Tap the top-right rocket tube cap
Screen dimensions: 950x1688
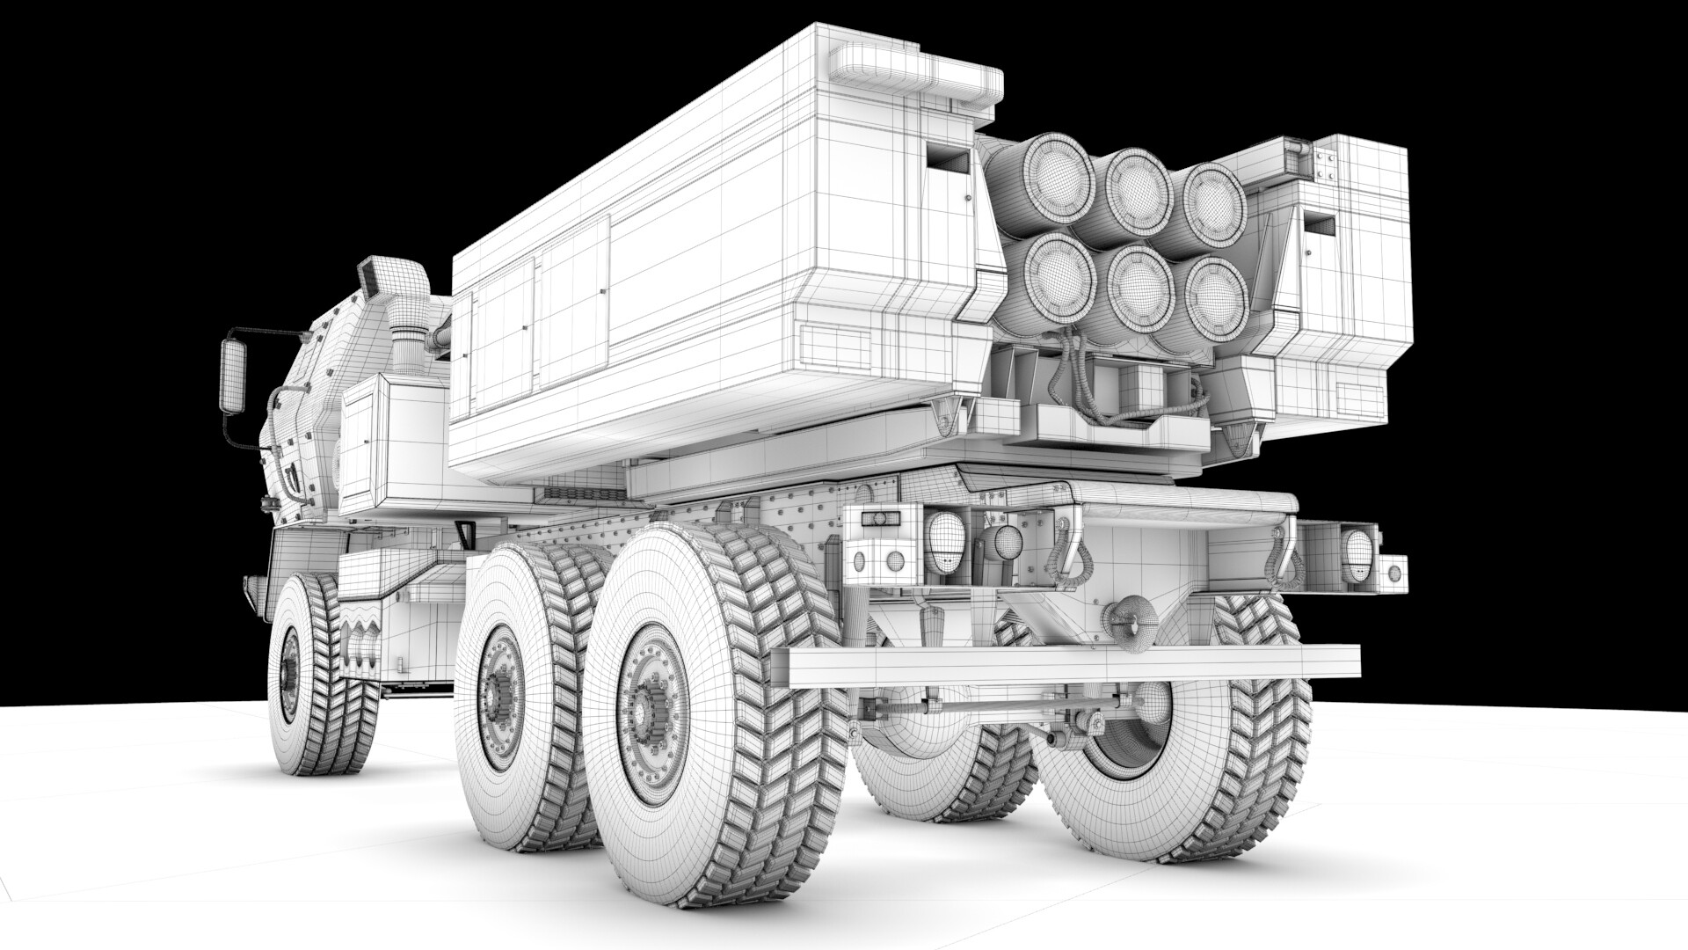click(1213, 200)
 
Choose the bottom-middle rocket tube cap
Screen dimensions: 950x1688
click(1139, 282)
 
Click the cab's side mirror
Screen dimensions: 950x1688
click(233, 376)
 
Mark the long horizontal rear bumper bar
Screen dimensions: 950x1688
click(1073, 666)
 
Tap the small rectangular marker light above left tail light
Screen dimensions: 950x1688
click(876, 518)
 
